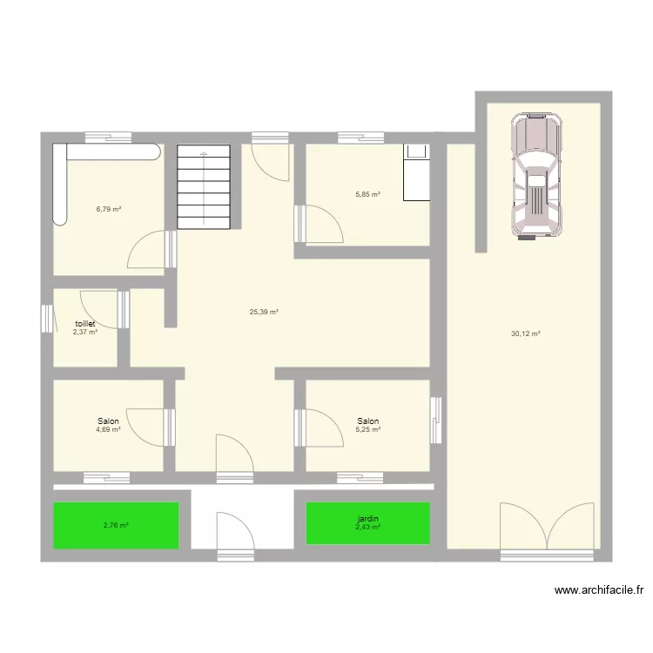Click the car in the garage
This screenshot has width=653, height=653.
click(538, 175)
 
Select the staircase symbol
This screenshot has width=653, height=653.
click(205, 185)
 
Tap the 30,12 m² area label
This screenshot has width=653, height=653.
click(526, 333)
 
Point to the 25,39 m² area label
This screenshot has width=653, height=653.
click(263, 312)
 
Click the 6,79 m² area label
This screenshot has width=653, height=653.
click(108, 209)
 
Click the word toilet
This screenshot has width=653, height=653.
click(84, 323)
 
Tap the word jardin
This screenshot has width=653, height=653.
click(367, 519)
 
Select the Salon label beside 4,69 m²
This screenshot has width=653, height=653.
click(108, 421)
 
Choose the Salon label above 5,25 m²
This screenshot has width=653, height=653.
click(367, 421)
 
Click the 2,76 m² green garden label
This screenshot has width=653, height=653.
click(116, 525)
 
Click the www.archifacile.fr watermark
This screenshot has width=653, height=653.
click(600, 590)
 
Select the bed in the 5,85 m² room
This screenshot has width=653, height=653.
click(417, 172)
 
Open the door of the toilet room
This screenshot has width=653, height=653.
click(98, 306)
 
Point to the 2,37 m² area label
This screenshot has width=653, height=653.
click(84, 332)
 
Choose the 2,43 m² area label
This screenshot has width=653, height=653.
click(367, 527)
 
